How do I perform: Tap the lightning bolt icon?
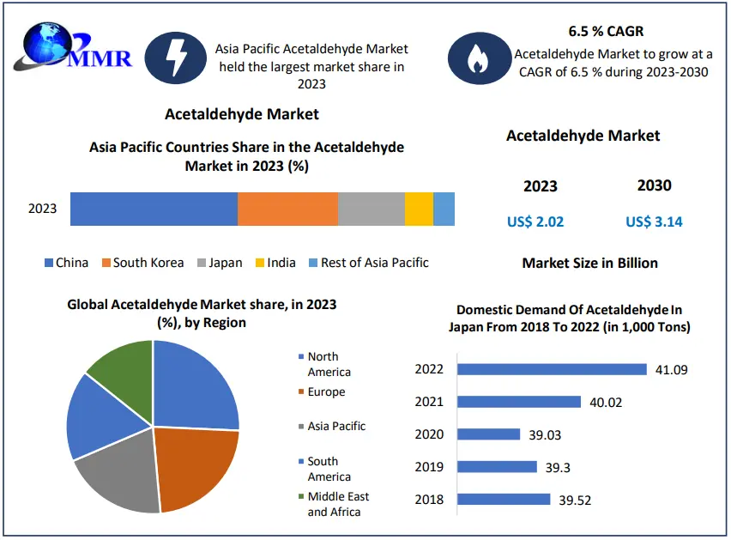tap(175, 58)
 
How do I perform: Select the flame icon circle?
tap(474, 58)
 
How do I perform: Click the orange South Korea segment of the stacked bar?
tap(287, 209)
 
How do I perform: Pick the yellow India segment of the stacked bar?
tap(419, 209)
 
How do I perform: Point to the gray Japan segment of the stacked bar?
tap(371, 209)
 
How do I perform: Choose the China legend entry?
tap(66, 263)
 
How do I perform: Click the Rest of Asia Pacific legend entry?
tap(368, 263)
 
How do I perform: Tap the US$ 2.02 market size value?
tap(535, 221)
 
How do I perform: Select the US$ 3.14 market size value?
tap(654, 221)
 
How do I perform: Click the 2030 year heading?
tap(654, 185)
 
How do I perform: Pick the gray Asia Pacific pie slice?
tap(120, 476)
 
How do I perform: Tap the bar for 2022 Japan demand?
tap(552, 369)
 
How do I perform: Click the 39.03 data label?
tap(545, 435)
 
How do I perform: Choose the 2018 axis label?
tap(429, 500)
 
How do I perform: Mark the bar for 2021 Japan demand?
tap(519, 402)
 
